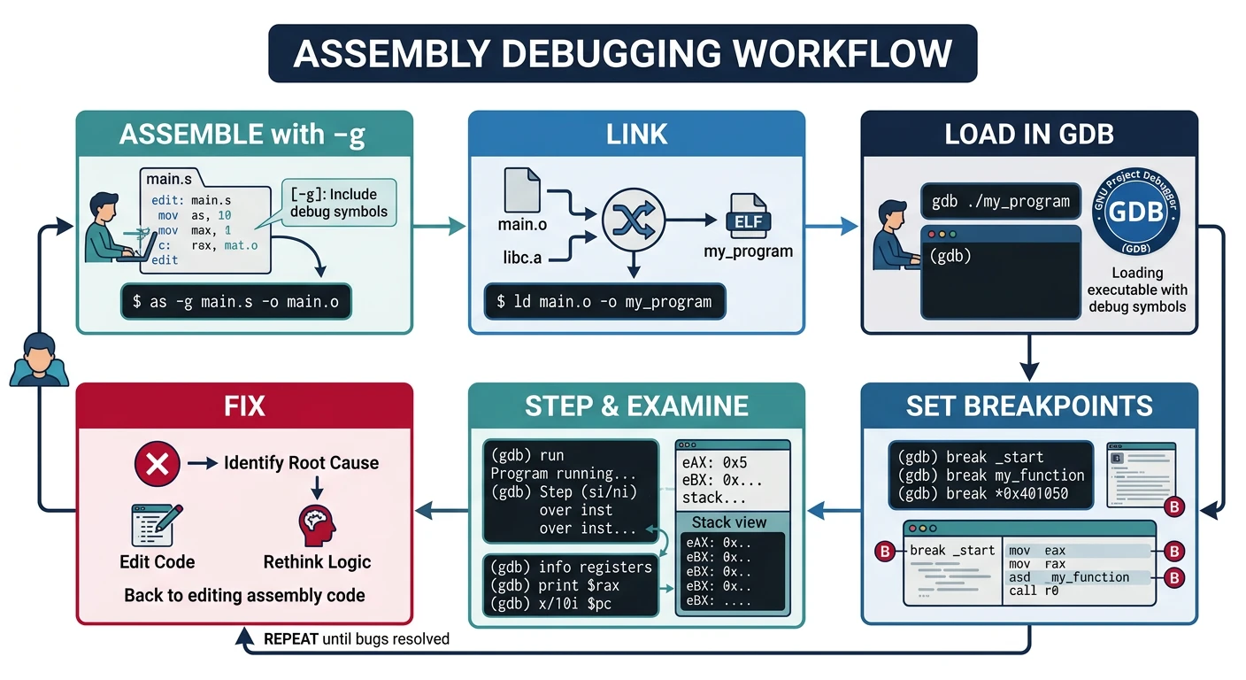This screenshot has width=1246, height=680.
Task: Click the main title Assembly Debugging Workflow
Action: (x=622, y=53)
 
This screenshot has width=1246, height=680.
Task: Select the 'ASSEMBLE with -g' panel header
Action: (x=243, y=135)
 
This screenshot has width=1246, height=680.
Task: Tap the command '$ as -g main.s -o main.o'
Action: (x=235, y=302)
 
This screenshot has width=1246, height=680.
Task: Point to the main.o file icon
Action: (x=521, y=190)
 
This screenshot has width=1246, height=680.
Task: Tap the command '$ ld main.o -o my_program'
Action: (x=604, y=301)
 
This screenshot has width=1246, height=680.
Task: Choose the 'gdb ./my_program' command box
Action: (x=1001, y=201)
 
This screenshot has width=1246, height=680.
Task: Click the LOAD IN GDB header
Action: (x=1028, y=135)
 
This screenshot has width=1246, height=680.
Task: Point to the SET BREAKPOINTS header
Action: (x=1028, y=406)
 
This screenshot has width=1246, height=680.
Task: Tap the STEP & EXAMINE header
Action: (x=636, y=406)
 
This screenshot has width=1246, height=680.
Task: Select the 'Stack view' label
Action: (x=729, y=522)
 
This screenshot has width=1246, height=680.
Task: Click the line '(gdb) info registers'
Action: (x=571, y=567)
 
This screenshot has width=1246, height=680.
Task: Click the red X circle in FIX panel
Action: (x=157, y=462)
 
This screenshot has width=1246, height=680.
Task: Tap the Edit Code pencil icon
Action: (x=157, y=525)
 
